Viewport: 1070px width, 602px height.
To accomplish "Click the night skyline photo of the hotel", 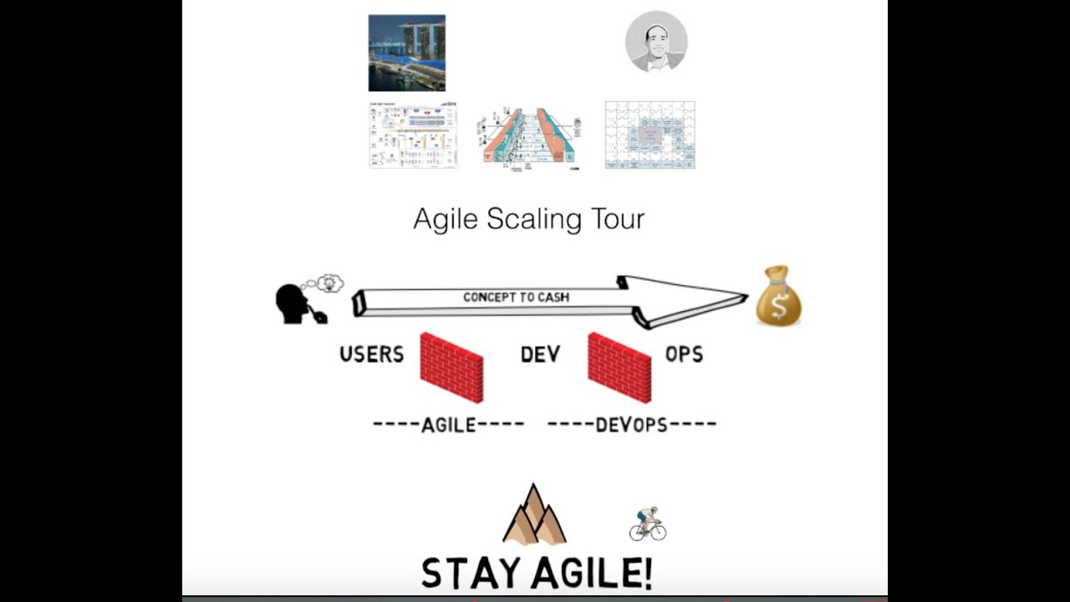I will click(406, 53).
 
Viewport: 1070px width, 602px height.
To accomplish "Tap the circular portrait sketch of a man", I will click(656, 42).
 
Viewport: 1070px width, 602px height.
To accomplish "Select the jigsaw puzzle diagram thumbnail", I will click(650, 135).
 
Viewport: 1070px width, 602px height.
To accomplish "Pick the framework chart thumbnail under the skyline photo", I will click(413, 135).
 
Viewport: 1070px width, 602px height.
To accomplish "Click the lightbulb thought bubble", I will click(330, 283).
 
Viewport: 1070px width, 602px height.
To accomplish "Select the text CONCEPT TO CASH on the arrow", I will click(516, 298).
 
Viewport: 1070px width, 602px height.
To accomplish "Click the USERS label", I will click(371, 355).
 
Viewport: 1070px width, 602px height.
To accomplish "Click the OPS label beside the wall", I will click(684, 355).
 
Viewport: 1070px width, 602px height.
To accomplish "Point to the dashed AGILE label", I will click(449, 425).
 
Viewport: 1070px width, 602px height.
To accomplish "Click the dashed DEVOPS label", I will click(631, 425).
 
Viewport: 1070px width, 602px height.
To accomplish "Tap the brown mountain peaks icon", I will click(534, 515).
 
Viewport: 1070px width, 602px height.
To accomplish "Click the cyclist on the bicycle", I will click(647, 524).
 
